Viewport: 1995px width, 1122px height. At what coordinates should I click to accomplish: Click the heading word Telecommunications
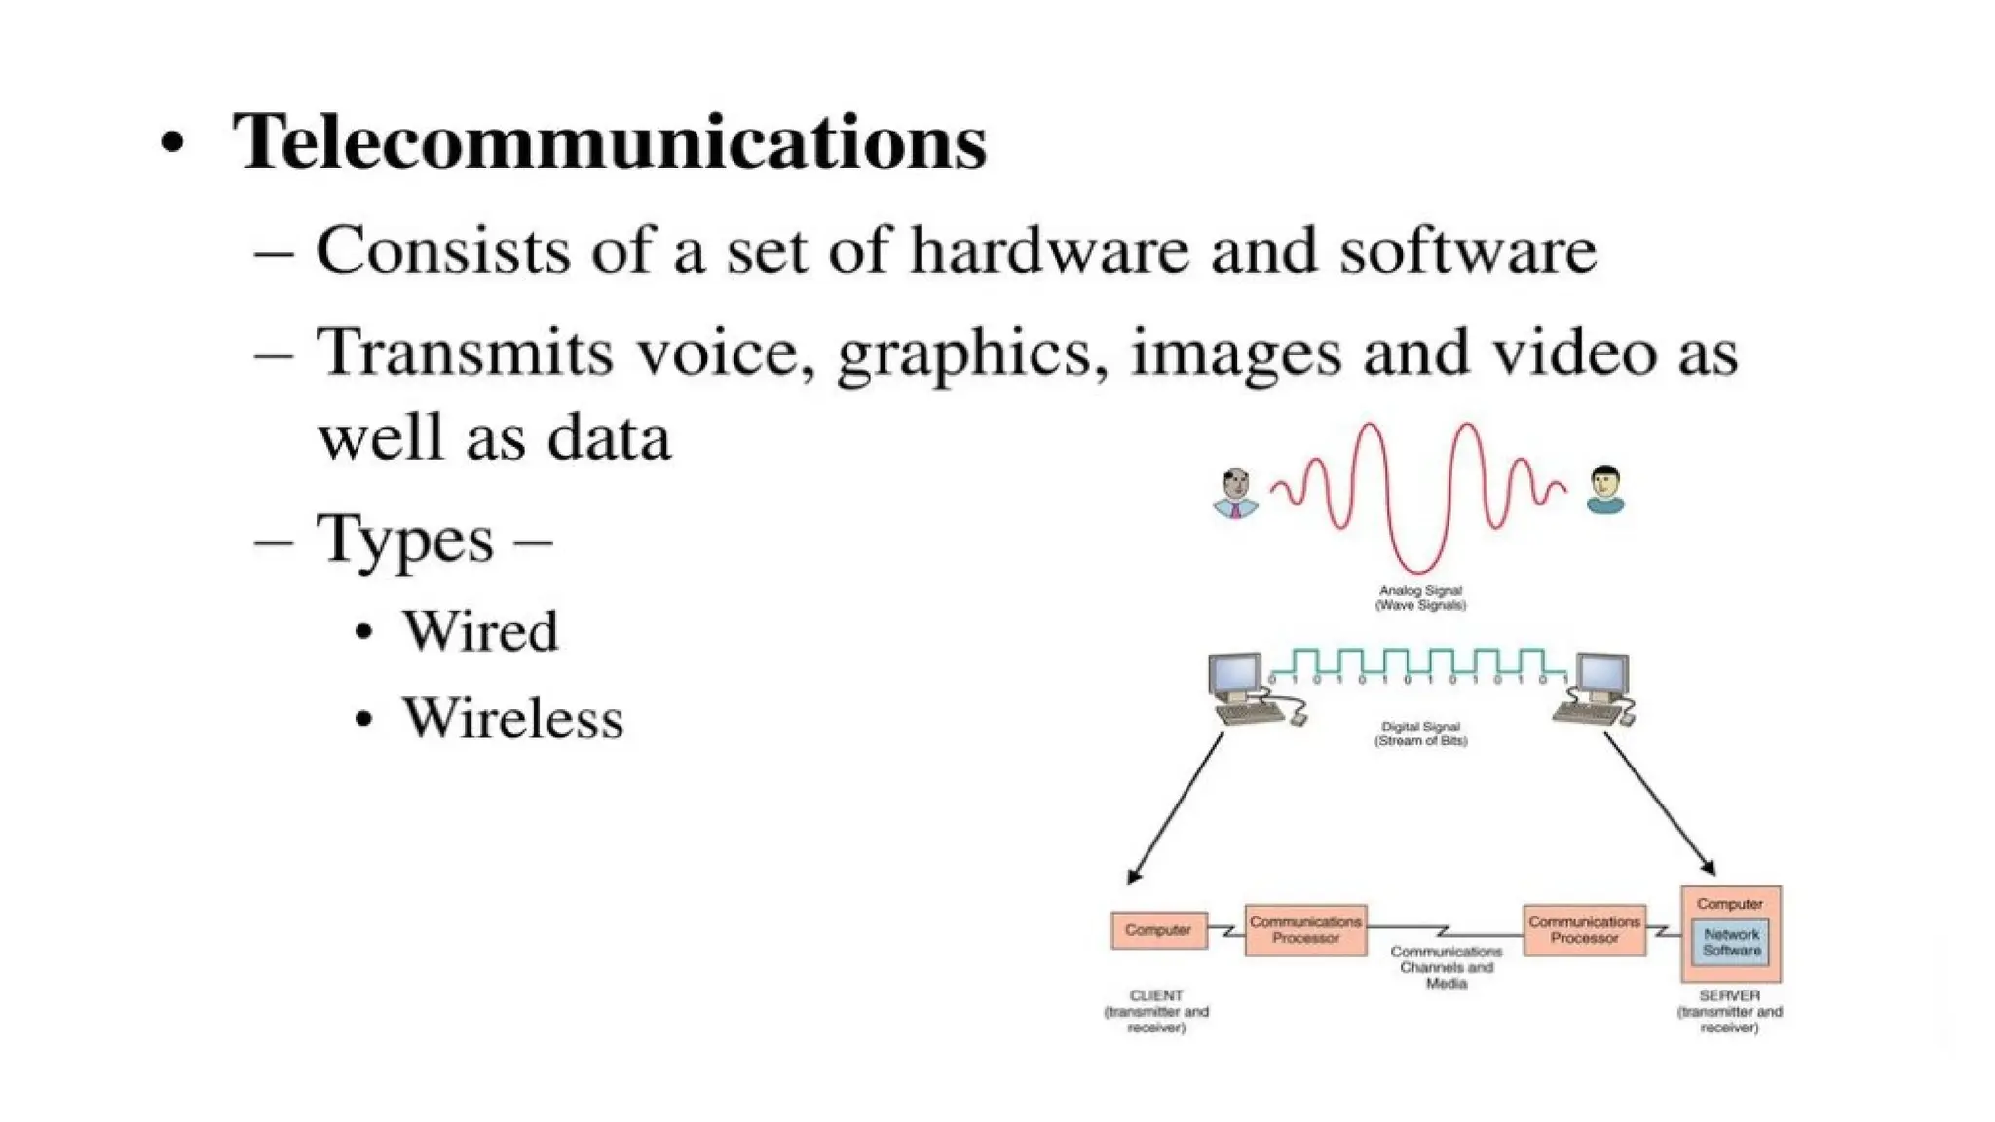[x=609, y=143]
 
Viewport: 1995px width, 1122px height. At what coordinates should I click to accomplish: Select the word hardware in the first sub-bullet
[x=1049, y=250]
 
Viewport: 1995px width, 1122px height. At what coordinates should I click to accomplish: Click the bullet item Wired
[x=480, y=631]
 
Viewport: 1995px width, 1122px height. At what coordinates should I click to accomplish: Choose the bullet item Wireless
[x=512, y=719]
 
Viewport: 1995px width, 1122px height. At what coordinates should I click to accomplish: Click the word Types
[x=404, y=540]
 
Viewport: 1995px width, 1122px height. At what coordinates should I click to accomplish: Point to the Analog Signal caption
[x=1420, y=597]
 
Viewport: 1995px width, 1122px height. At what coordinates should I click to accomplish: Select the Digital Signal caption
[x=1420, y=733]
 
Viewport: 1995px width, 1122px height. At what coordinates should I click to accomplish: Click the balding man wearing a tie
[x=1235, y=493]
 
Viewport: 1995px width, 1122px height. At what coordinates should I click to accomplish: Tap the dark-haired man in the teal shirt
[x=1604, y=490]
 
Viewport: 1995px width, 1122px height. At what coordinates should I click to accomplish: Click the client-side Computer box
[x=1158, y=930]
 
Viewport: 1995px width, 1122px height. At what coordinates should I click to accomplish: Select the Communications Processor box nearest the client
[x=1305, y=930]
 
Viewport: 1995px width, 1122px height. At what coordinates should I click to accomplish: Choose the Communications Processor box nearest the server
[x=1584, y=930]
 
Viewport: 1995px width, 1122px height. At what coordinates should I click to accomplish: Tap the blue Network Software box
[x=1731, y=942]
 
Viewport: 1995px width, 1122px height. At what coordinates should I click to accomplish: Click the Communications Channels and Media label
[x=1446, y=967]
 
